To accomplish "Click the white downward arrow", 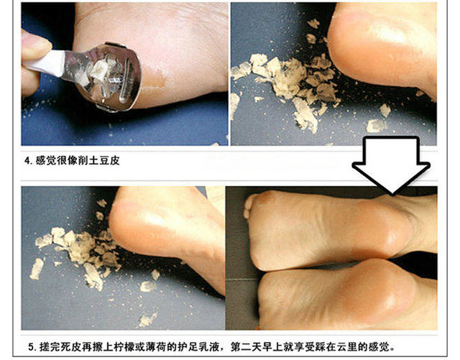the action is (x=392, y=165).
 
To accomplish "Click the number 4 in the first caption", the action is (x=27, y=161).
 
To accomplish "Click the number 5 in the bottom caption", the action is (x=32, y=347).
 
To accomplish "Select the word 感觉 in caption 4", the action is (x=46, y=161).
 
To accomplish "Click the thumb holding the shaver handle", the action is (x=36, y=45).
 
